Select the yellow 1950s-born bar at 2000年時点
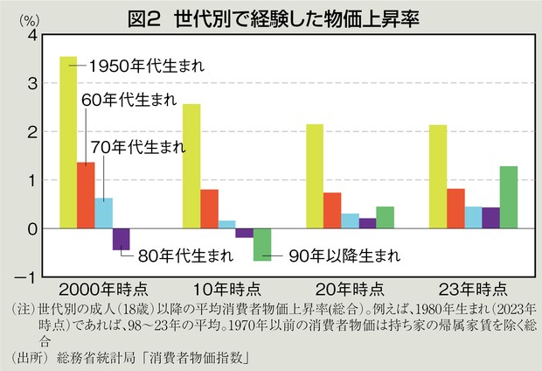tap(68, 143)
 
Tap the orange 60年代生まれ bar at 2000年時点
tap(86, 195)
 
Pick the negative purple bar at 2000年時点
tap(121, 239)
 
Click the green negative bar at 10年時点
tap(262, 244)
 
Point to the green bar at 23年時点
tap(508, 198)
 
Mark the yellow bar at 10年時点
tap(191, 166)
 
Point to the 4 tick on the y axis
tap(31, 35)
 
